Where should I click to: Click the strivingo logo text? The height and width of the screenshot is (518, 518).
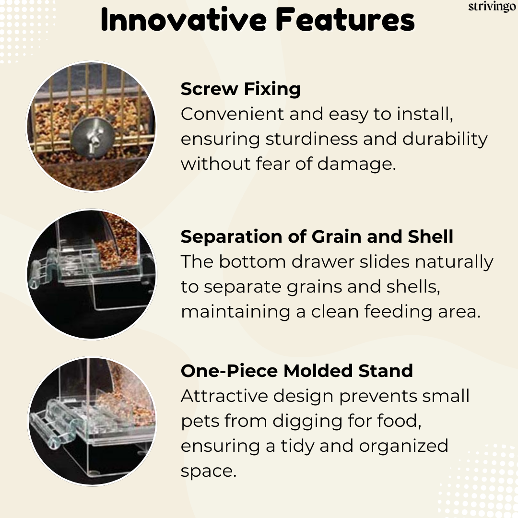click(x=492, y=7)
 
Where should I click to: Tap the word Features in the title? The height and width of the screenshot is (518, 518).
click(x=345, y=20)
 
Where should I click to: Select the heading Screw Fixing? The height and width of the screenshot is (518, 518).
click(x=240, y=89)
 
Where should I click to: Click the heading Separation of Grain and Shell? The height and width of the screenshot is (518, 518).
click(x=317, y=236)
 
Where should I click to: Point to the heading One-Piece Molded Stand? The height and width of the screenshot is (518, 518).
click(x=297, y=371)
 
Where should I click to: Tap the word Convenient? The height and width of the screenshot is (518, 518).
click(x=232, y=114)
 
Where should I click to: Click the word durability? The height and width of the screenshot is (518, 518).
click(x=445, y=139)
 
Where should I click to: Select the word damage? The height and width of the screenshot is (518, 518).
click(x=356, y=164)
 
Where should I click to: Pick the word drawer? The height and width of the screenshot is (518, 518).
click(x=322, y=262)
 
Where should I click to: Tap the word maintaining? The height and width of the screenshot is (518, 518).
click(x=235, y=312)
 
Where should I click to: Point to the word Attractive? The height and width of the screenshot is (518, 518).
click(x=224, y=396)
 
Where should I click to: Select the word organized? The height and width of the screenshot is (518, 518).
click(x=403, y=447)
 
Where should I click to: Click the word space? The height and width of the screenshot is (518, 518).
click(x=209, y=472)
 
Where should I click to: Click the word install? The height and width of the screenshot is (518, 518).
click(x=425, y=114)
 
